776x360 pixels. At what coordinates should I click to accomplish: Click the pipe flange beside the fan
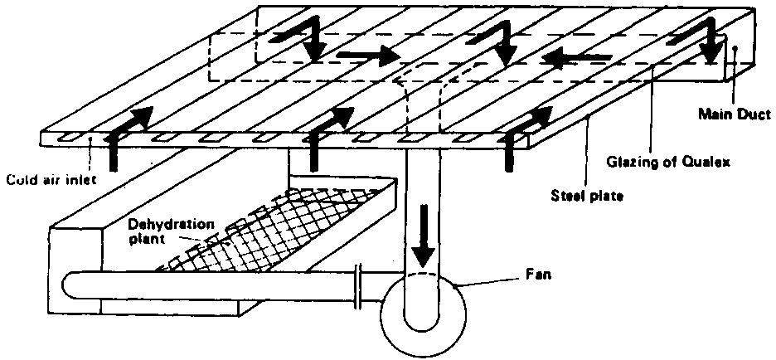tap(357, 286)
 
